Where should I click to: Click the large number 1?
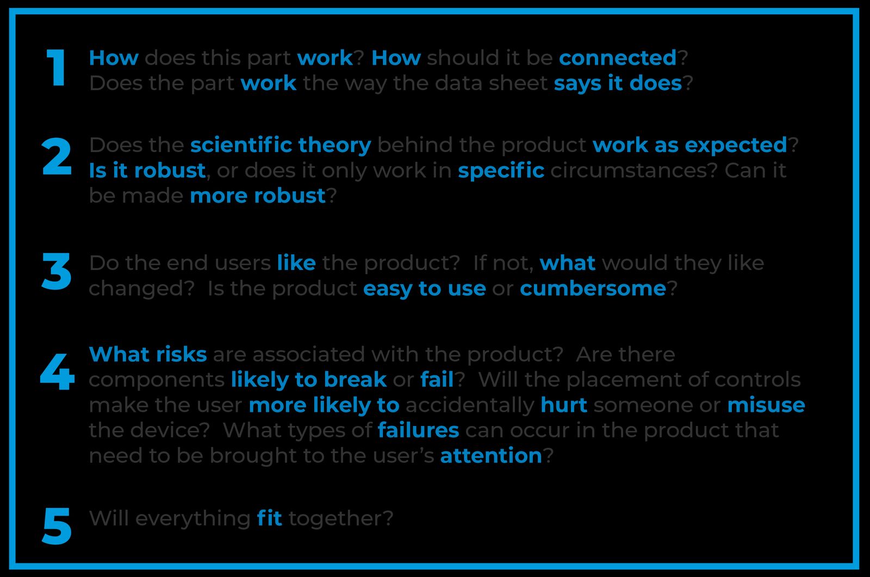(56, 67)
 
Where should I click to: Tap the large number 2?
(57, 156)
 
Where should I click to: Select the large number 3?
(57, 271)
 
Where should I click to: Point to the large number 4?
(58, 371)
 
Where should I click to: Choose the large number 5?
(57, 526)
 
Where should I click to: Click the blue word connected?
(618, 58)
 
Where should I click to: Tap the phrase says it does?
(618, 84)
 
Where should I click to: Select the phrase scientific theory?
(281, 146)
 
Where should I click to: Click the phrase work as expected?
(690, 146)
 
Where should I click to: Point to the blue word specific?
(501, 171)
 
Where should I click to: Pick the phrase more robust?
(258, 195)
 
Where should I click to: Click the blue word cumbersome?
(593, 288)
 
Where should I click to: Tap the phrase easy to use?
(425, 289)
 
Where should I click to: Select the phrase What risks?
(148, 354)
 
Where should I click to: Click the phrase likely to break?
(309, 380)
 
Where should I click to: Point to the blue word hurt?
(564, 405)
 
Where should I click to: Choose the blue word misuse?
(766, 405)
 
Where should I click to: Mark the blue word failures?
(418, 430)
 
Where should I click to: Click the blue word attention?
(491, 455)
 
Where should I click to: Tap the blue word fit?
(270, 518)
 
